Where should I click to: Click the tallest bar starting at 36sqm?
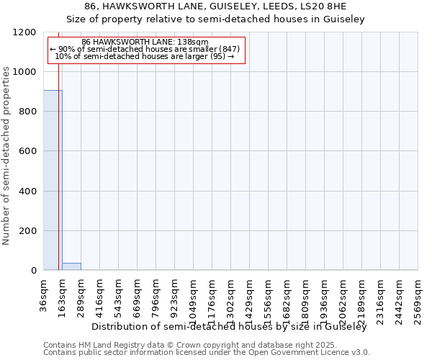tap(53, 180)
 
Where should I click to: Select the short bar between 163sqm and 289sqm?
tap(71, 266)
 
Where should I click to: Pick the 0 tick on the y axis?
tap(33, 271)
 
